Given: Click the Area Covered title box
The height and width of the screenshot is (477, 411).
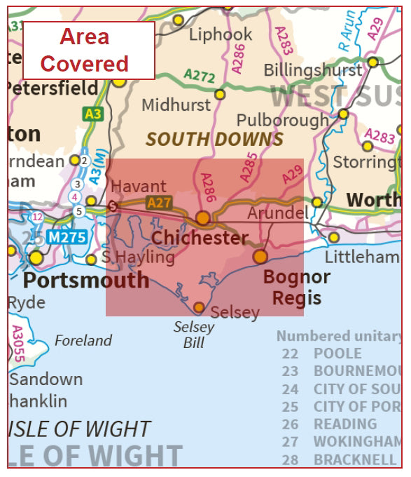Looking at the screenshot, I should tap(88, 51).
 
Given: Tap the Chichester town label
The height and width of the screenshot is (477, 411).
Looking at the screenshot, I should tap(200, 238).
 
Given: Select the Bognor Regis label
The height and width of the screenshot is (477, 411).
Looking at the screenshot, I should tap(297, 286).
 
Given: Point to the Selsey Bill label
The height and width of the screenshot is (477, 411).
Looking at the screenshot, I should tap(194, 335).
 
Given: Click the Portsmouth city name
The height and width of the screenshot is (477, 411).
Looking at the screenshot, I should tap(86, 280).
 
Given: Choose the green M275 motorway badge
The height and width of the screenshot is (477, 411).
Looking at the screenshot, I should tap(67, 238).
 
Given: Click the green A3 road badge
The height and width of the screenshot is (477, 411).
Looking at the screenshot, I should tap(92, 113).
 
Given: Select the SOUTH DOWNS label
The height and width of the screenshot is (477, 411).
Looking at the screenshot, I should tap(214, 139).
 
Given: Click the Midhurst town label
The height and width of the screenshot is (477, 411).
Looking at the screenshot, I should tap(176, 105).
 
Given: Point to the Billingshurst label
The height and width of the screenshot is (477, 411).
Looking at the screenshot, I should tap(313, 70).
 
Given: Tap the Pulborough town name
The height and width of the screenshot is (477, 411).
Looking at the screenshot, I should tap(282, 120).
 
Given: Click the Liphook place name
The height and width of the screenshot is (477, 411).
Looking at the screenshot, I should tap(221, 34).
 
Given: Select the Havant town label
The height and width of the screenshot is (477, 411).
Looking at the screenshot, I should tap(139, 187).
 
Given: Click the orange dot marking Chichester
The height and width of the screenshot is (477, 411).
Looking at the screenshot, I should tap(203, 218).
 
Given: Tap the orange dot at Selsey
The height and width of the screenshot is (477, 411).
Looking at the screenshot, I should tap(199, 307).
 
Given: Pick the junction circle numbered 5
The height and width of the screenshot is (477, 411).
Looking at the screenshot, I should tap(79, 211).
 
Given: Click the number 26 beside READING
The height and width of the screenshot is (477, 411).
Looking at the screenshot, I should tap(290, 424).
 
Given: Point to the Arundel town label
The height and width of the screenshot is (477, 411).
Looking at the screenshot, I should tap(277, 213).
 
